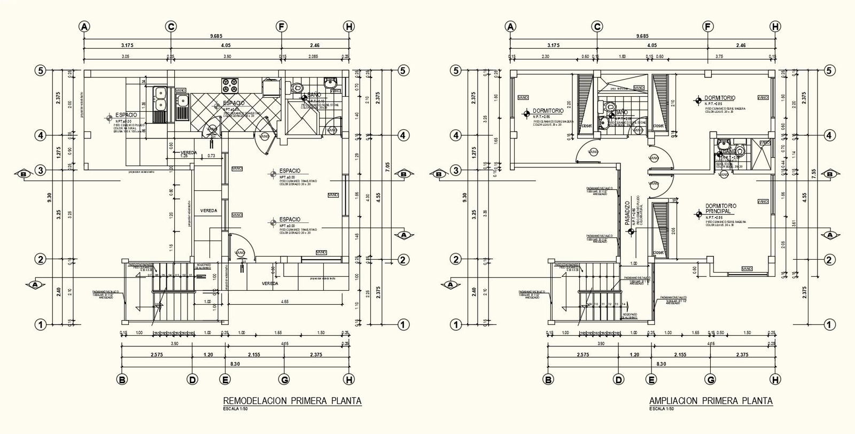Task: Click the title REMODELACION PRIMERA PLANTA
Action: click(x=292, y=401)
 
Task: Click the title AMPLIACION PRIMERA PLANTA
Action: click(x=710, y=401)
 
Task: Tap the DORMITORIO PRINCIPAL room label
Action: click(x=720, y=208)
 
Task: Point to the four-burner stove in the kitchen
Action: click(x=230, y=84)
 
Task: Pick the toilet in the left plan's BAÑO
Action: click(x=298, y=88)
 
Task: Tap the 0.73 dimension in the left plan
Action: click(x=211, y=156)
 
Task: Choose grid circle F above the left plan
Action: click(x=281, y=27)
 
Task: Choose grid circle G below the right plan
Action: click(x=710, y=379)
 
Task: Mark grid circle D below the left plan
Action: click(x=192, y=379)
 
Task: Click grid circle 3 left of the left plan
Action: click(x=41, y=170)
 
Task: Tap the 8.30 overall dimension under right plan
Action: click(x=660, y=363)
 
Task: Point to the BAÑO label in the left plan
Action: click(x=314, y=95)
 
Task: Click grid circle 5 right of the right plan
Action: click(x=829, y=71)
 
